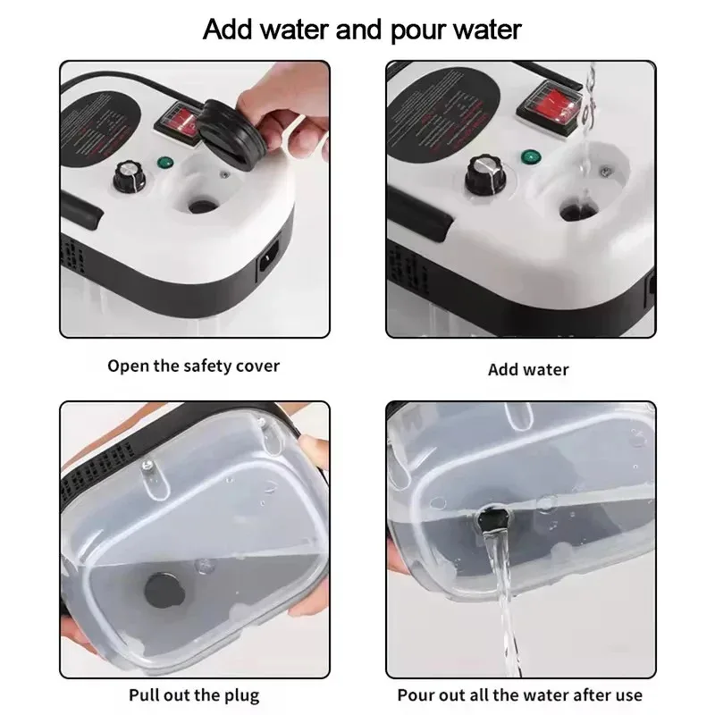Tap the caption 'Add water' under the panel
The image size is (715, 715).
[528, 369]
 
